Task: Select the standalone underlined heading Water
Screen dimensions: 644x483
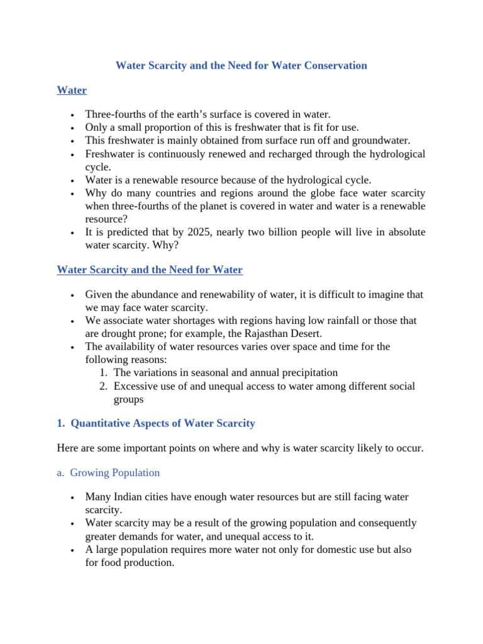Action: [x=72, y=90]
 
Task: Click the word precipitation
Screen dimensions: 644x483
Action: [x=304, y=372]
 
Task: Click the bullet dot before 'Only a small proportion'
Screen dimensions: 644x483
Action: [x=73, y=128]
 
